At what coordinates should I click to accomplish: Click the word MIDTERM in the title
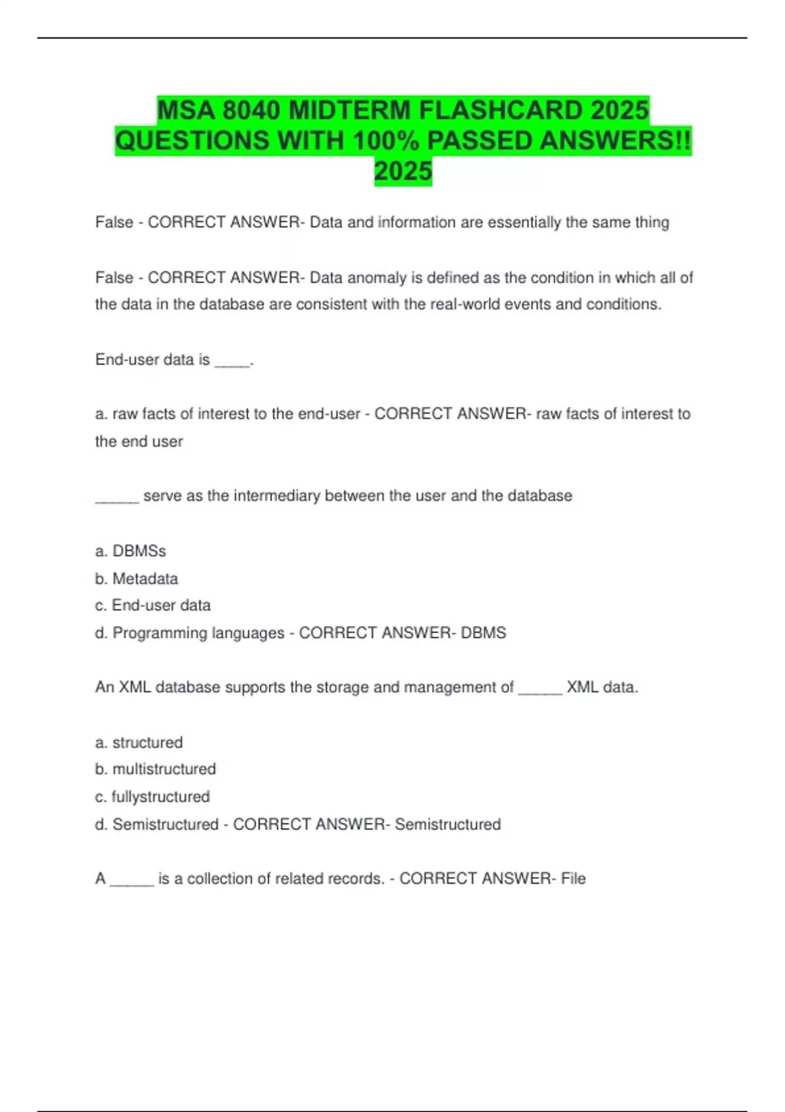[x=349, y=111]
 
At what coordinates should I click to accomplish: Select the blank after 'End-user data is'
[x=232, y=360]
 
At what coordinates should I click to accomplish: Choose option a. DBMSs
[x=131, y=551]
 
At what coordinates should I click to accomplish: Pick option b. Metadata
[x=137, y=579]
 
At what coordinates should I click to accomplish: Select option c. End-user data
[x=153, y=606]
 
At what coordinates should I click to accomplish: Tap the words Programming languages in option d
[x=198, y=633]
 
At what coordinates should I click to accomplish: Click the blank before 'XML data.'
[x=540, y=688]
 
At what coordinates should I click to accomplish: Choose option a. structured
[x=139, y=743]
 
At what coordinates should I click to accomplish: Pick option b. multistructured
[x=156, y=769]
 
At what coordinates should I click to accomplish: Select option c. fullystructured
[x=152, y=797]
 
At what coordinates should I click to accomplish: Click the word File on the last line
[x=573, y=878]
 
